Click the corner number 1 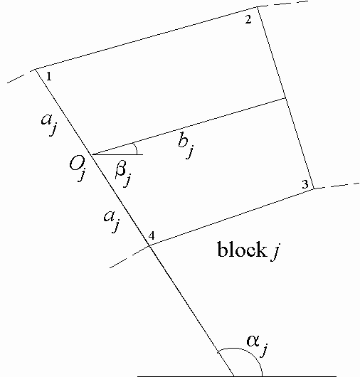point(49,76)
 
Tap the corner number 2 point(248,19)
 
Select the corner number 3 point(305,184)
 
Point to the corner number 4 point(152,236)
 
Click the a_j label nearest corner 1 point(50,124)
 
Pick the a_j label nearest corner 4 point(112,221)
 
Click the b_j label point(186,147)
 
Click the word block point(241,250)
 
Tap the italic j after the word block point(275,252)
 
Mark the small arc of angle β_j point(136,148)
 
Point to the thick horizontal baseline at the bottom point(237,376)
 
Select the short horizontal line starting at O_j point(117,154)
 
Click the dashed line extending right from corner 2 point(283,4)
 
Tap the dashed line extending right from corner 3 point(337,186)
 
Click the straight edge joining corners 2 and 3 point(286,98)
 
